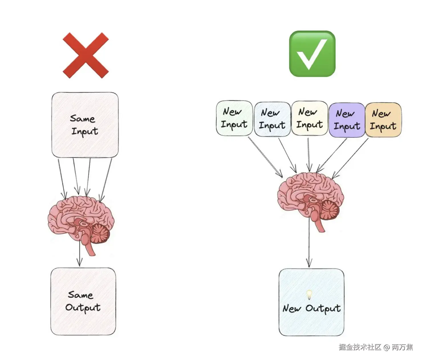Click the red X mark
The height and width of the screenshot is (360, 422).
[x=86, y=55]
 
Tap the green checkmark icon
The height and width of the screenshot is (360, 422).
[x=312, y=54]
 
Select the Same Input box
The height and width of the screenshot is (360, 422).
[x=85, y=125]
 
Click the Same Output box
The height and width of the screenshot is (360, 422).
[x=83, y=301]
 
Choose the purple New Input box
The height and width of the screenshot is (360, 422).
[x=347, y=120]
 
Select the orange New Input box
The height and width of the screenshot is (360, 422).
[x=383, y=120]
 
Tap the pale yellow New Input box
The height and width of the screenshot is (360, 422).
[x=309, y=118]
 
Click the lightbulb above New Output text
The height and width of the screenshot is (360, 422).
[x=309, y=294]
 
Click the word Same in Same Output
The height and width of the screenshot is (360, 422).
[x=80, y=295]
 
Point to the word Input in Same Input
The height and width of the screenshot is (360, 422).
[x=85, y=131]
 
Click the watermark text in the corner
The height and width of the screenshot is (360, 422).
[x=376, y=347]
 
